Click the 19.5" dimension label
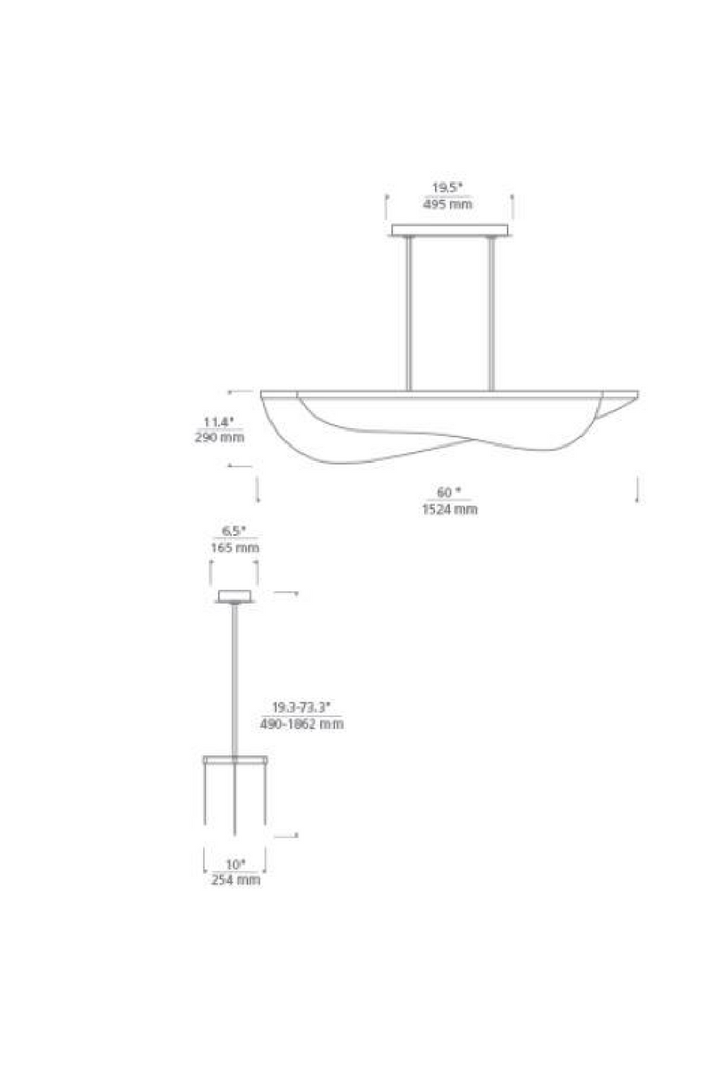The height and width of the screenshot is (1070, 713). pyautogui.click(x=448, y=188)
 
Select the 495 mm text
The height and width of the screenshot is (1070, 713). pyautogui.click(x=448, y=204)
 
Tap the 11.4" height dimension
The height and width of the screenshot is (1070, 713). pyautogui.click(x=217, y=421)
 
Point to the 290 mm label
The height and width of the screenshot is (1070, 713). pyautogui.click(x=218, y=437)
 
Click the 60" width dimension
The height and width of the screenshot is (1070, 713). pyautogui.click(x=448, y=492)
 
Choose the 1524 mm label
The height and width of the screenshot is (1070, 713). pyautogui.click(x=449, y=509)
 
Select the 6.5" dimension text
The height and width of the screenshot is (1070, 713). pyautogui.click(x=234, y=531)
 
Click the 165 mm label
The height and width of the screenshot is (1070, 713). pyautogui.click(x=234, y=547)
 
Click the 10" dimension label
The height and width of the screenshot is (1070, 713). pyautogui.click(x=234, y=864)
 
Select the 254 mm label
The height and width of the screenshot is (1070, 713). pyautogui.click(x=235, y=880)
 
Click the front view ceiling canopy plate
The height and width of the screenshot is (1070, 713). pyautogui.click(x=449, y=230)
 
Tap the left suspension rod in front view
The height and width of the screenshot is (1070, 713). pyautogui.click(x=409, y=312)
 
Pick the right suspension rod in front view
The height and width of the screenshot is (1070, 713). pyautogui.click(x=490, y=312)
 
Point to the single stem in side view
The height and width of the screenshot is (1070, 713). pyautogui.click(x=235, y=678)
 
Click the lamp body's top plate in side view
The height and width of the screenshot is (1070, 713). pyautogui.click(x=235, y=759)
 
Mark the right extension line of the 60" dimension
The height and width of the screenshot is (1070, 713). pyautogui.click(x=637, y=490)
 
